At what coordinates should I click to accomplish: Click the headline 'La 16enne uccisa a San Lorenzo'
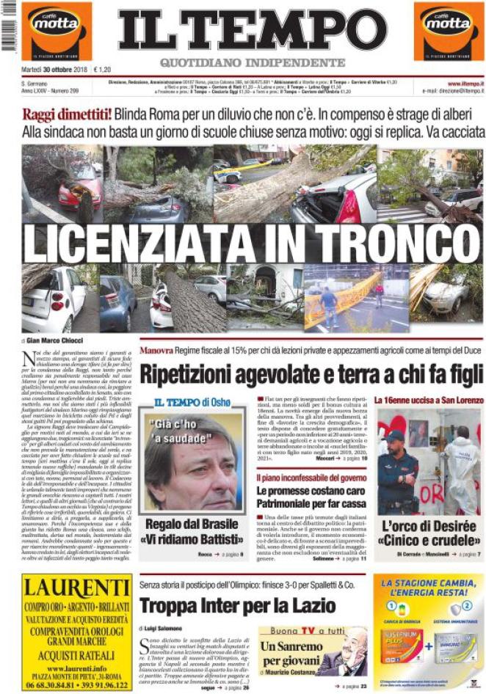pos(428,401)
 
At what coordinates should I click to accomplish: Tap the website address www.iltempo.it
pos(464,84)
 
